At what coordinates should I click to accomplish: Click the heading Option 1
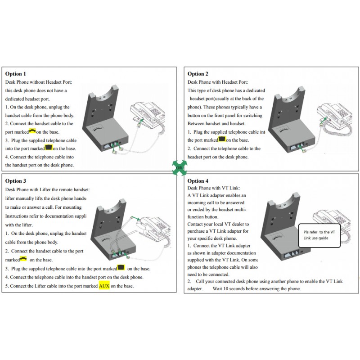16,73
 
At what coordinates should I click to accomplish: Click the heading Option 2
198,73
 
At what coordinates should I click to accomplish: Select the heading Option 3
16,180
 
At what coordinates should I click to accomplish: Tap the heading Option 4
198,180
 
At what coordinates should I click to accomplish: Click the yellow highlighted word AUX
104,286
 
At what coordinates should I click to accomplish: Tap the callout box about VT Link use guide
319,234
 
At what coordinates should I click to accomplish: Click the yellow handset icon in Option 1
31,131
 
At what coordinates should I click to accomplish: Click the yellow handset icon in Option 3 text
23,259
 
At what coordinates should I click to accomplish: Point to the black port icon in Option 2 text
221,140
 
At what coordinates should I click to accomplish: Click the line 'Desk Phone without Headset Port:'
39,82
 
